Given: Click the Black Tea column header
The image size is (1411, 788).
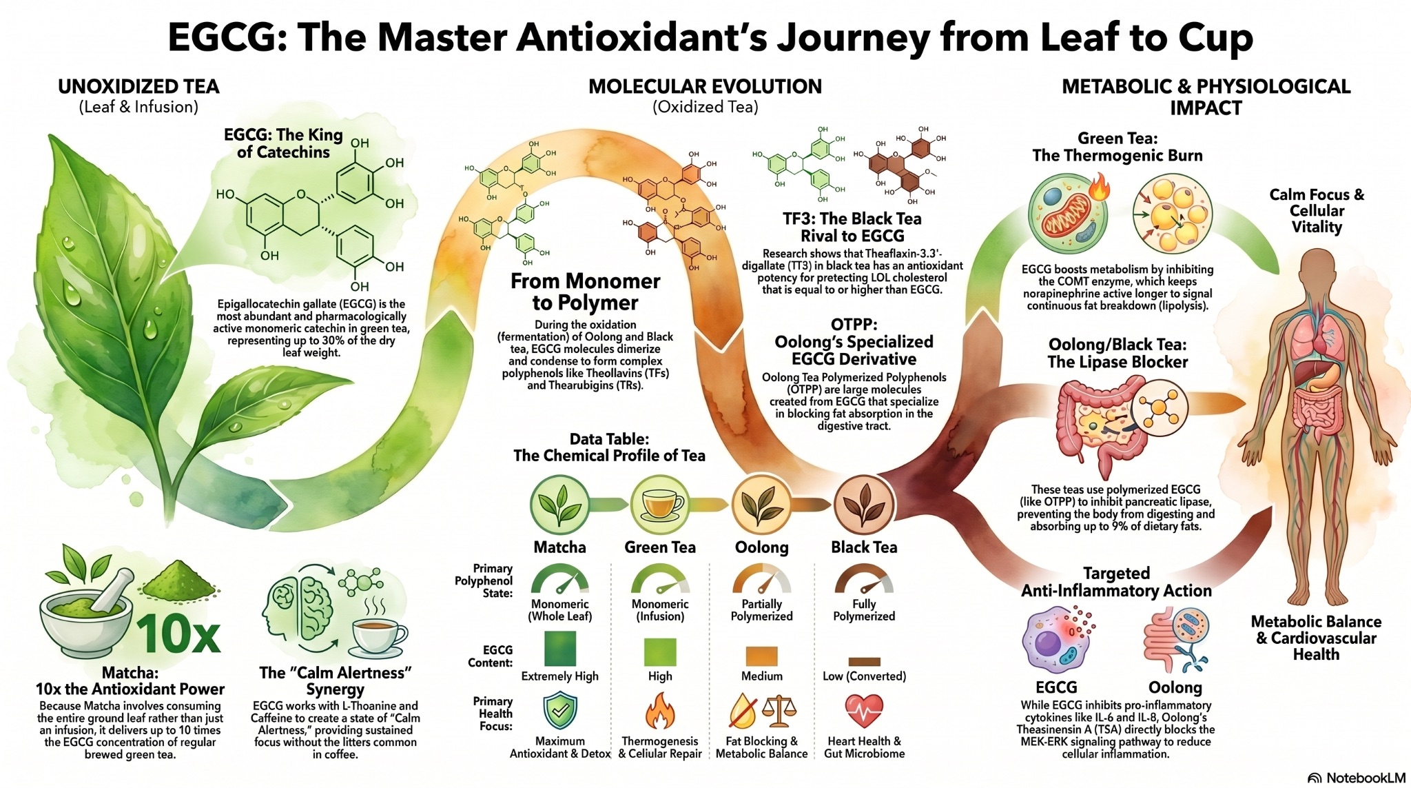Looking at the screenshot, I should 864,547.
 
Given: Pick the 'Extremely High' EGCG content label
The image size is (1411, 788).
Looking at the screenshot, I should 559,676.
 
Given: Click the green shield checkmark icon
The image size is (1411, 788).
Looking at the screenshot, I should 559,710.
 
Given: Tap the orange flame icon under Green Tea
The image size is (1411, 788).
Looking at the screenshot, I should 659,711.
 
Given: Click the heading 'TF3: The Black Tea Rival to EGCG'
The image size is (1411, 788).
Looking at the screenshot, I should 852,227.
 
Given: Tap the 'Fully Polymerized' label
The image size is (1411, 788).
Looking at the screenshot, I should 864,610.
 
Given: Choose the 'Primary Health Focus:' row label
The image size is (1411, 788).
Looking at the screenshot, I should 493,714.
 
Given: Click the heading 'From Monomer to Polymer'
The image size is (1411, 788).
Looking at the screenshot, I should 585,292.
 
